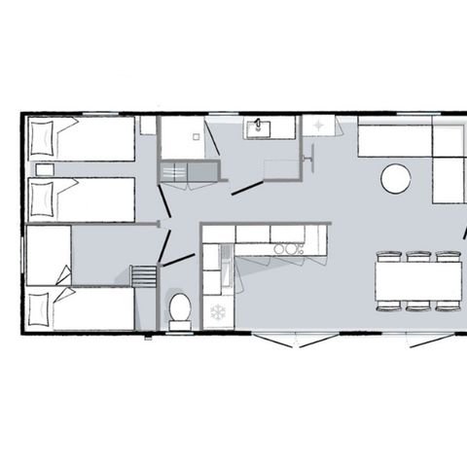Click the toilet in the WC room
click(180, 309)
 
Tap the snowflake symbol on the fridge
click(218, 313)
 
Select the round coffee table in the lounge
click(395, 178)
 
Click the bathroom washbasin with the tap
click(261, 127)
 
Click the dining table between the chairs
click(418, 281)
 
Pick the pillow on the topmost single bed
click(44, 139)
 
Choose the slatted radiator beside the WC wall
click(142, 277)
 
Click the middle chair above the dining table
click(418, 257)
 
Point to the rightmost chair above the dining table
click(448, 257)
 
